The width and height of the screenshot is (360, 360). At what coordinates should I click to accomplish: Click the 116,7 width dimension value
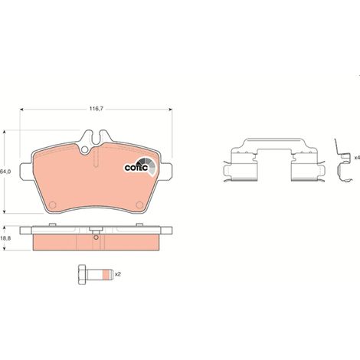tap(96, 109)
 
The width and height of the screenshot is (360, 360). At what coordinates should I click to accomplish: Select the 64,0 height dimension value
tap(5, 172)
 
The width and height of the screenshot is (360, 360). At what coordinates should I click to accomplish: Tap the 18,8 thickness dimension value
tap(5, 238)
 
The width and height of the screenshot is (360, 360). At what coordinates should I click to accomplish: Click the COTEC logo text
tap(136, 168)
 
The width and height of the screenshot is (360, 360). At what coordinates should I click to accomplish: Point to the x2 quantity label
tap(117, 274)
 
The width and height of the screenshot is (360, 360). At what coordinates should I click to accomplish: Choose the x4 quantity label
tap(357, 157)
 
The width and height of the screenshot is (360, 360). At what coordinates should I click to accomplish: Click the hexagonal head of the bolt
tap(82, 274)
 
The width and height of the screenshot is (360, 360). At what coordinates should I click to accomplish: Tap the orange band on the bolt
tap(105, 274)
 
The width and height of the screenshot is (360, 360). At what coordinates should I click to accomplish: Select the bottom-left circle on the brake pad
tap(53, 205)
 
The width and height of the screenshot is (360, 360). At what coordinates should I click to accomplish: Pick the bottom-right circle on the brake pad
tap(139, 205)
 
